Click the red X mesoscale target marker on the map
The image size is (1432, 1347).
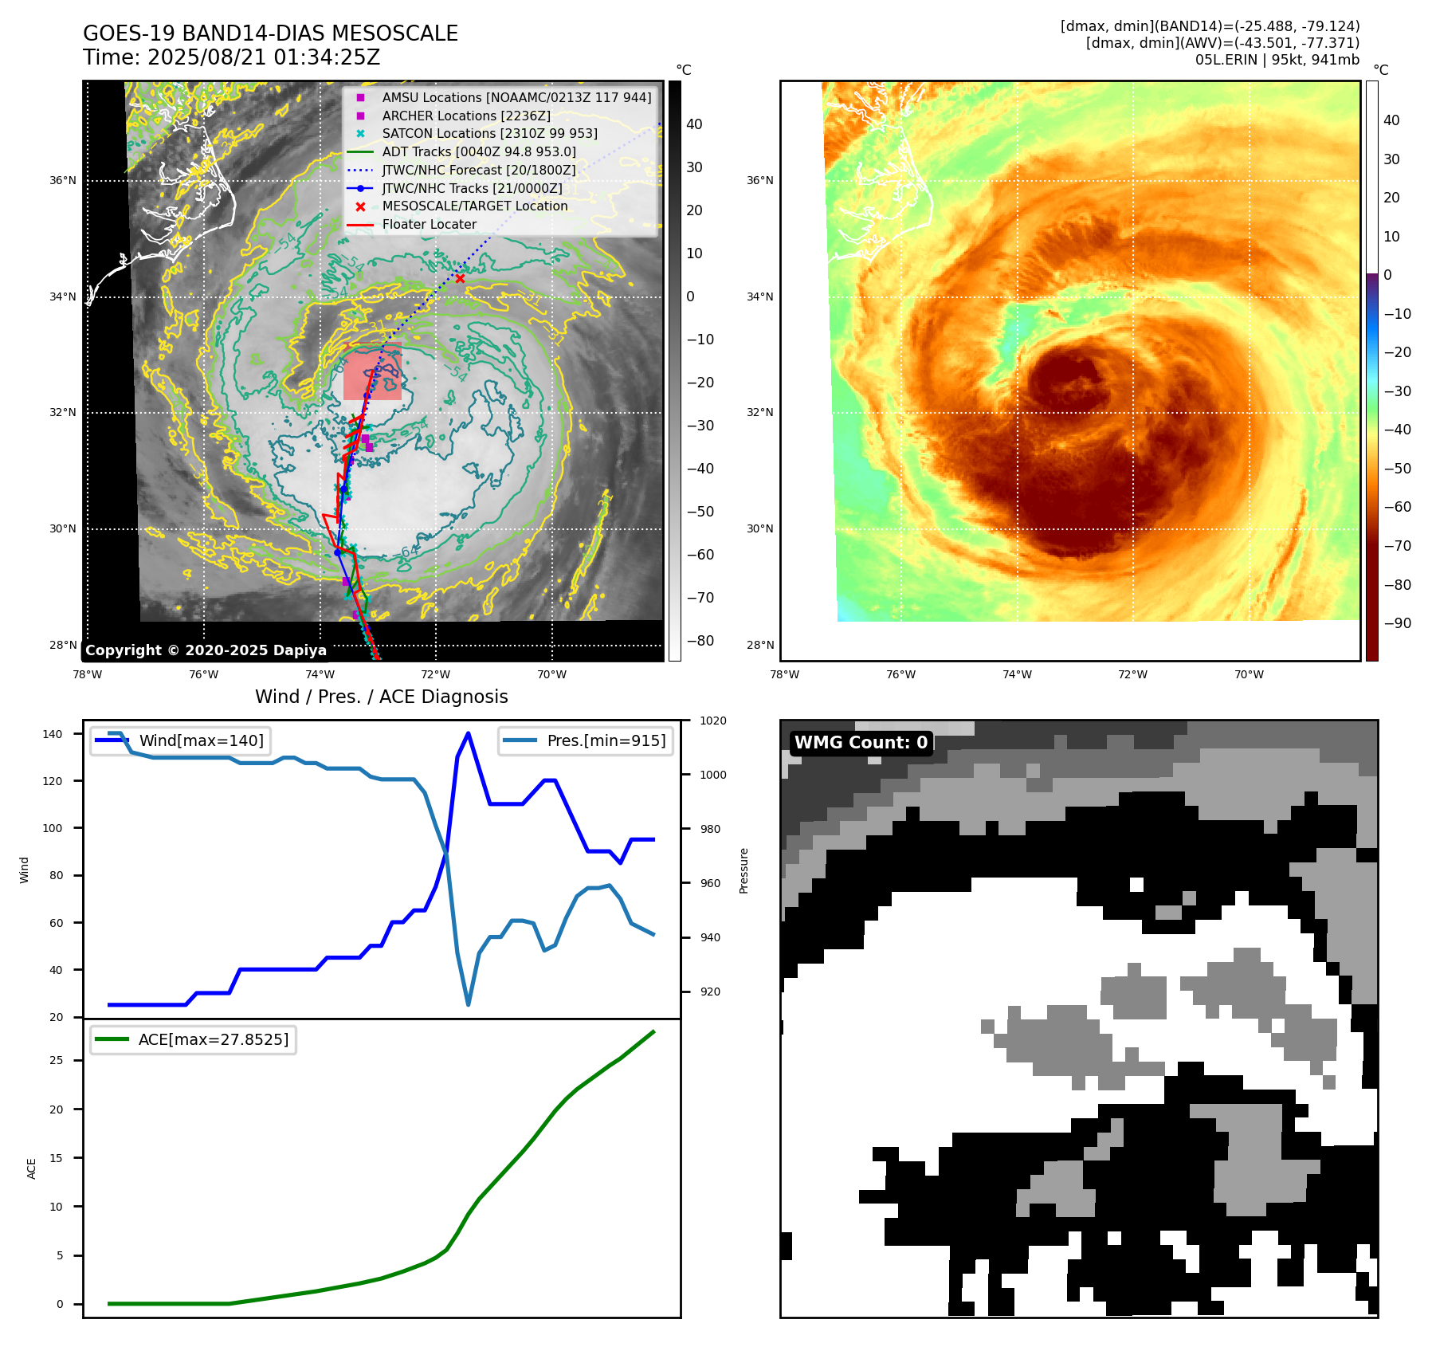coord(460,278)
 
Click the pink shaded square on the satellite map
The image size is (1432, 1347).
coord(372,371)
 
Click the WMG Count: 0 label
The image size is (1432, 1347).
coord(861,742)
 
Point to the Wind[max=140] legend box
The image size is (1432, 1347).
coord(180,740)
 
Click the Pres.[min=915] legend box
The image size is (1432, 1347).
coord(586,740)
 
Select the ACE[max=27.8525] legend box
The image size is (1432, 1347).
coord(193,1039)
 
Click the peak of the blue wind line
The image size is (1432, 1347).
coord(468,733)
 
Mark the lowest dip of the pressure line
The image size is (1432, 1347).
coord(468,1004)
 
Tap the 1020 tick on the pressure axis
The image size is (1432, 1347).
coord(712,721)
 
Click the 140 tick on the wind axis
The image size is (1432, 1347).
coord(53,734)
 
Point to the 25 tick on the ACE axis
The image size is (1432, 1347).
coord(56,1060)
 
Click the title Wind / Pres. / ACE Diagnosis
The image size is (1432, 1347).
coord(382,697)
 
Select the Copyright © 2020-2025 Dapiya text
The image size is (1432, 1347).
coord(206,650)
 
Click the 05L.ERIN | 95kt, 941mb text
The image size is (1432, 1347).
coord(1277,60)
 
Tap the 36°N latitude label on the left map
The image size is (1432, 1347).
coord(63,180)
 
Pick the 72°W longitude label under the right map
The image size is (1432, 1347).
coord(1132,674)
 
